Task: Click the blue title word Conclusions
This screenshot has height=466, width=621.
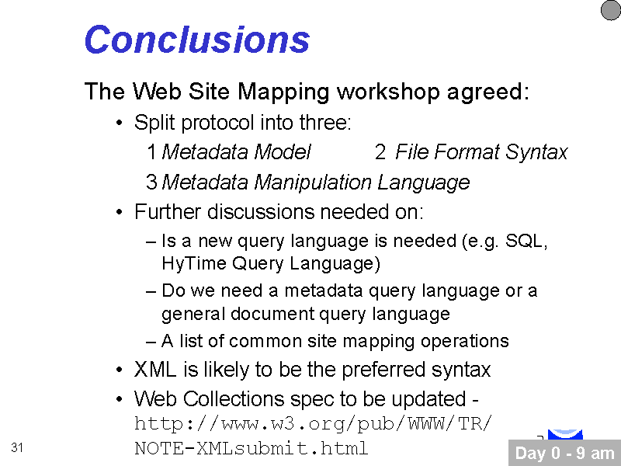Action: [x=197, y=39]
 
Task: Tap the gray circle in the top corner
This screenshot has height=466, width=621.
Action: [x=611, y=10]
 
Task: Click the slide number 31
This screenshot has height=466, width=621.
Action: [x=17, y=447]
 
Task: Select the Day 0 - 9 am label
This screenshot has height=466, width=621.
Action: [x=565, y=453]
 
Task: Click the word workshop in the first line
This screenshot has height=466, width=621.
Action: [x=387, y=92]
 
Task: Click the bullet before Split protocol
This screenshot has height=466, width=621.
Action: [x=120, y=123]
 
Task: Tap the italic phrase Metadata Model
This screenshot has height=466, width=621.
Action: [x=237, y=151]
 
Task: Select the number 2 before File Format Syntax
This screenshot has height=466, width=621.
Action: [x=380, y=152]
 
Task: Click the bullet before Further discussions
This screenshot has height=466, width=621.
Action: [x=120, y=212]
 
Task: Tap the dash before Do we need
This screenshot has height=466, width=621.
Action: [x=151, y=292]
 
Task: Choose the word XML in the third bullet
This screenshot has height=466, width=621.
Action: [x=155, y=370]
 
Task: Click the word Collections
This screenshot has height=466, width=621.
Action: [x=234, y=398]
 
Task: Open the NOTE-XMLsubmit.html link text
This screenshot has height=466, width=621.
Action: [x=251, y=449]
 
